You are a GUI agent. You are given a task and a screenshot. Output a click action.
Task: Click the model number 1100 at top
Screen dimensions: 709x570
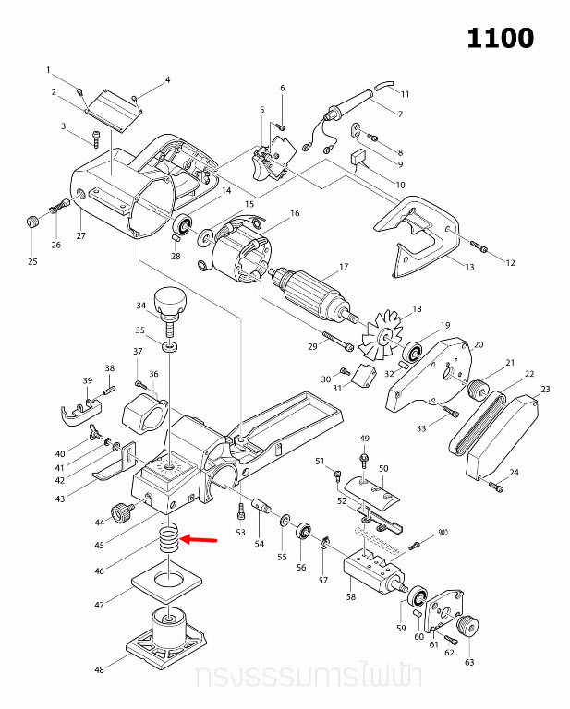tap(500, 38)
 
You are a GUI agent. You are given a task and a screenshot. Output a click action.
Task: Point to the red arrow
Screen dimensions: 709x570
tap(200, 539)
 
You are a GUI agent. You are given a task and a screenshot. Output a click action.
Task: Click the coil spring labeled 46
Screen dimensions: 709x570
tap(168, 538)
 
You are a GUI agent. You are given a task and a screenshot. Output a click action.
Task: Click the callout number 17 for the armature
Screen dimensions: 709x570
tap(343, 267)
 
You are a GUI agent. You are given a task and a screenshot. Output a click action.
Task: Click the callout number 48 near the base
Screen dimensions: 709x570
tap(98, 669)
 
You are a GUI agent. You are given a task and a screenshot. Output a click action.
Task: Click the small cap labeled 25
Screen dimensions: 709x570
tap(33, 222)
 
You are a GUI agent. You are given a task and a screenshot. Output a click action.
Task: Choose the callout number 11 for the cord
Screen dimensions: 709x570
tap(405, 94)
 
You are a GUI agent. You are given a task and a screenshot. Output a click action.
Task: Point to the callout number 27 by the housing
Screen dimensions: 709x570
tap(80, 236)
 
